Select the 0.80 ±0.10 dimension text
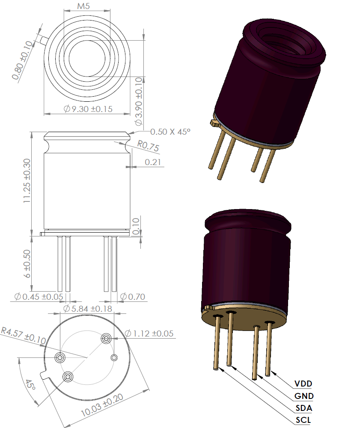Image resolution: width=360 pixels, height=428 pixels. click(23, 60)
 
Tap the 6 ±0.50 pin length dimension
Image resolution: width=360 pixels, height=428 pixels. click(27, 264)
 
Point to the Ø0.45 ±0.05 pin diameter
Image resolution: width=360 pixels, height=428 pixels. click(39, 297)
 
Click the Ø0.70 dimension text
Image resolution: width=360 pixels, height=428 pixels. click(132, 297)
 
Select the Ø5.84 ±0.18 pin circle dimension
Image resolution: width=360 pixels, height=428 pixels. click(87, 309)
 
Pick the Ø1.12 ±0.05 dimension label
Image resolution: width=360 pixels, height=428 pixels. click(149, 334)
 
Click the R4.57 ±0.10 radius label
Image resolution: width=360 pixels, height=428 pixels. click(23, 335)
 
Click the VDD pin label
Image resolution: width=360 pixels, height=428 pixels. click(303, 383)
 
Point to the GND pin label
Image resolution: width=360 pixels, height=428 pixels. click(304, 396)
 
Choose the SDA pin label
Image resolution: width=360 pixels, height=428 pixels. click(303, 408)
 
